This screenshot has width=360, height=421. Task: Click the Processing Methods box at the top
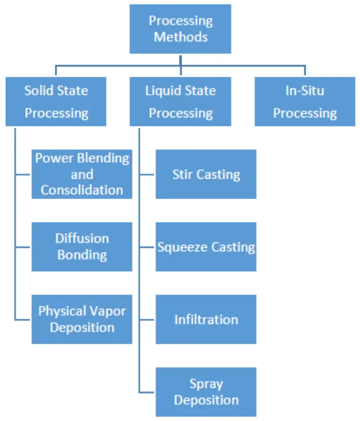coord(180,29)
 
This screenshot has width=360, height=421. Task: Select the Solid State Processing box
coord(56,101)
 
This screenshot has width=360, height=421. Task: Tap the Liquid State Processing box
coord(180,101)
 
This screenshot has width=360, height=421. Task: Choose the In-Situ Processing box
coord(304,101)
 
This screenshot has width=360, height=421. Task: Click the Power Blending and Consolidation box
coord(82,174)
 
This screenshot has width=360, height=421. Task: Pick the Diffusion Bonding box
coord(82,247)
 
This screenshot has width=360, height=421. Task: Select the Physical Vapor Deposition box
coord(82,319)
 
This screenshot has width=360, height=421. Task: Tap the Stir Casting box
coord(206,174)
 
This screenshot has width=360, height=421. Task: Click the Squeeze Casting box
coord(206,247)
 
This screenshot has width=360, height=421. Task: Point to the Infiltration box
coord(206,319)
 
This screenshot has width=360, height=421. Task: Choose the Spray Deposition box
coord(206,392)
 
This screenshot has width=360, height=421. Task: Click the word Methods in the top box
coord(181,37)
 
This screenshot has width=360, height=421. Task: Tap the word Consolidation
coord(82,190)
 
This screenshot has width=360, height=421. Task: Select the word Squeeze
coord(182,247)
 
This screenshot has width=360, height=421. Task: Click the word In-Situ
coord(304,90)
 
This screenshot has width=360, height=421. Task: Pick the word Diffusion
coord(82,238)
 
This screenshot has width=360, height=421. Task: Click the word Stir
coord(183,174)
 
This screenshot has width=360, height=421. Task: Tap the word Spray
coord(206,384)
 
